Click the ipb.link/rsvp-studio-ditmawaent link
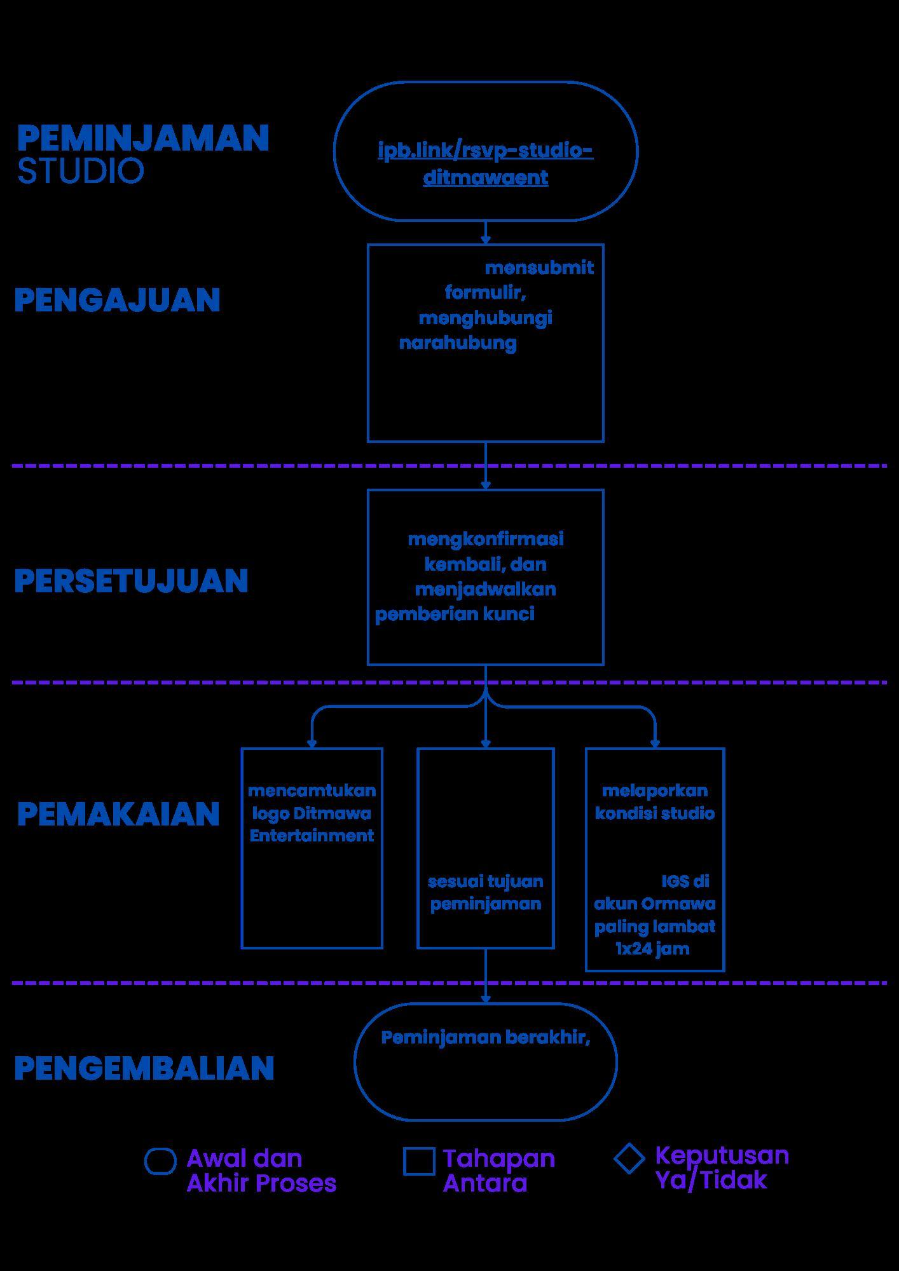click(x=485, y=163)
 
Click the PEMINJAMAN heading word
click(x=143, y=138)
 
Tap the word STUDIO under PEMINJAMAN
click(x=81, y=171)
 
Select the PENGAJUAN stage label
click(x=117, y=300)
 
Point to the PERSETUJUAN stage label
click(x=131, y=581)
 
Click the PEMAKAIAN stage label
click(x=118, y=814)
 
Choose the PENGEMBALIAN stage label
click(x=144, y=1068)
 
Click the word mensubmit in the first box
click(x=539, y=268)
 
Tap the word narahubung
click(x=458, y=343)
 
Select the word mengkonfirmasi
click(x=486, y=539)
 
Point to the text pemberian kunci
click(x=455, y=614)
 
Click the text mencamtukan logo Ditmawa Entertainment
click(x=312, y=813)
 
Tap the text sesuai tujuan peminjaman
click(x=486, y=892)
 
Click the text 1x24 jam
click(x=653, y=949)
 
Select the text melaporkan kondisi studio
click(x=655, y=802)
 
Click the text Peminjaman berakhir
click(x=486, y=1037)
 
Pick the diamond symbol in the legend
click(x=629, y=1159)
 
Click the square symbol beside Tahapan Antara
click(x=419, y=1161)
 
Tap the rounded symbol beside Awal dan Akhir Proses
click(x=160, y=1161)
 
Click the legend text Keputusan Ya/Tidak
click(x=722, y=1167)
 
